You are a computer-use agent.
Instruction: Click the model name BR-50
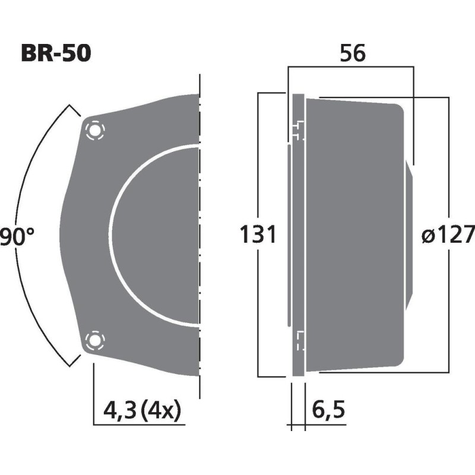point(56,54)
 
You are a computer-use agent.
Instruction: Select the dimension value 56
point(352,54)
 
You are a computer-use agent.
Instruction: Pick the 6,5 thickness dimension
point(327,410)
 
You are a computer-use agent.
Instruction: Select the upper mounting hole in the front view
point(94,130)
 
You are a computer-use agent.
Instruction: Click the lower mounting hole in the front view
point(94,341)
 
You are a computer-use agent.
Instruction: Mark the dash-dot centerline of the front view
point(201,237)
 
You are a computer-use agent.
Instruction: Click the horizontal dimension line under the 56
point(350,67)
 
